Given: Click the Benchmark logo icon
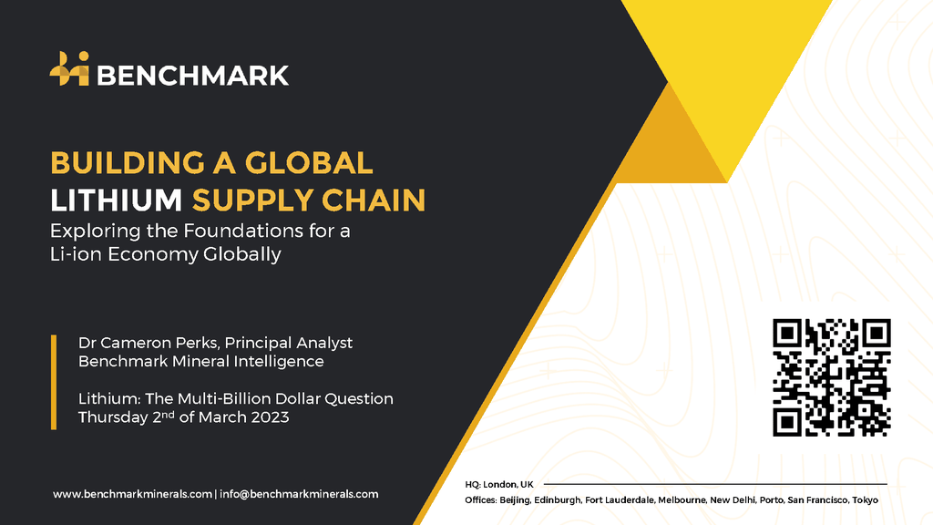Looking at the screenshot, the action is pos(69,68).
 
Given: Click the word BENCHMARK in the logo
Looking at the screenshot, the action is pos(193,76).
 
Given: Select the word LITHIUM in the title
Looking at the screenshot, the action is pos(116,200).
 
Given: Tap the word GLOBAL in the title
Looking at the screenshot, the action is pos(309,163).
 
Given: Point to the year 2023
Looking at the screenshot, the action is pos(270,417).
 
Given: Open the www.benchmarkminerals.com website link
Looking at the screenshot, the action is pos(132,494).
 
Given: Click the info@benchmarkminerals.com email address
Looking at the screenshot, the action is pos(299,494).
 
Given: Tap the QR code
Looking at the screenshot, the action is pos(831,377).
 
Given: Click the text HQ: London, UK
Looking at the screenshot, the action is pos(499,485).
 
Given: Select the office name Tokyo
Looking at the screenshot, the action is pos(866,500).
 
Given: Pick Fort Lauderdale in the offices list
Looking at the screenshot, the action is pos(619,500).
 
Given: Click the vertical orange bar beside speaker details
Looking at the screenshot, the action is pos(54,382).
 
